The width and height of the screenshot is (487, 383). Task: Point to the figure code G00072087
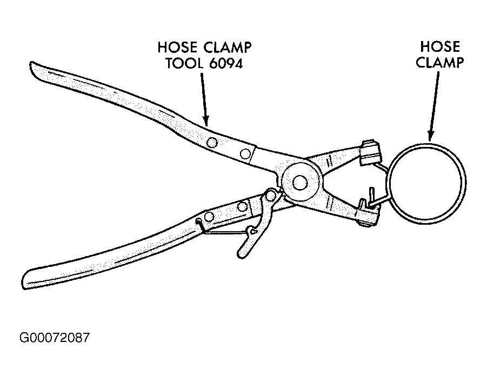(x=55, y=339)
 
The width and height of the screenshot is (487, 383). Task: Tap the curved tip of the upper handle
(x=36, y=70)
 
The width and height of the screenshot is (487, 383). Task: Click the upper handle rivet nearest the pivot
(x=245, y=154)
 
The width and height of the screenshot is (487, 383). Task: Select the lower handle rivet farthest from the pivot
(x=210, y=217)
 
